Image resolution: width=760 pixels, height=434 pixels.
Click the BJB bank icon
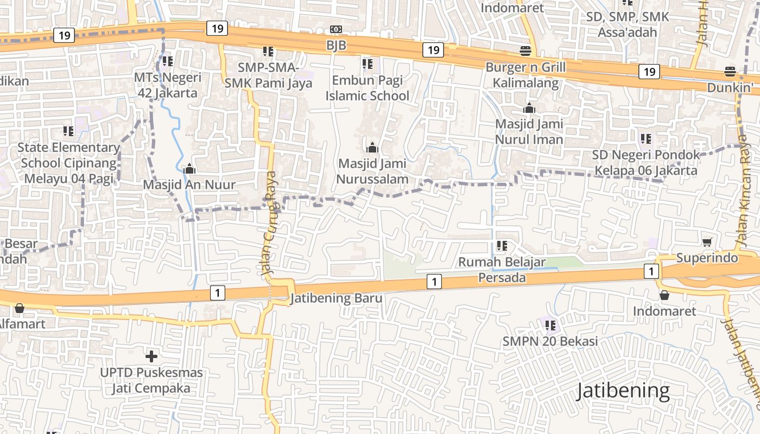[336, 29]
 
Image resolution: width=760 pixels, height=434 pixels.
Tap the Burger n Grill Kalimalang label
[525, 75]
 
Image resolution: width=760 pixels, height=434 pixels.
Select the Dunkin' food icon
[730, 72]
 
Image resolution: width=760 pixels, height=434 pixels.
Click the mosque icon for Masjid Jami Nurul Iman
[529, 108]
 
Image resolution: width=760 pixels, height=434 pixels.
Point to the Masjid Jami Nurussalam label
[372, 171]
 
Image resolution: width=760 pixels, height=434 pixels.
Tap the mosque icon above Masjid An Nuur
[189, 169]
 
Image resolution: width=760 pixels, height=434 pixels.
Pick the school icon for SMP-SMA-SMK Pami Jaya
[268, 52]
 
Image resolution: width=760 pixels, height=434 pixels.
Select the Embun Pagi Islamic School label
[368, 88]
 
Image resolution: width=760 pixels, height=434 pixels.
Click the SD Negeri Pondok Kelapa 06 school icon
[645, 139]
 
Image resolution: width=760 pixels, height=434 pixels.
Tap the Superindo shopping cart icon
[707, 242]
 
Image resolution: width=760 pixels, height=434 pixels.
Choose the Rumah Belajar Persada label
[502, 270]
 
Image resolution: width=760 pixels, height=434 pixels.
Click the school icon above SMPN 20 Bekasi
[550, 325]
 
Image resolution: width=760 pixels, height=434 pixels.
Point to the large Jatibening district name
[623, 391]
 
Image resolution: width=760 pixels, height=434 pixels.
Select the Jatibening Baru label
[337, 298]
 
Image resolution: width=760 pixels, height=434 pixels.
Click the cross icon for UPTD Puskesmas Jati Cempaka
[151, 356]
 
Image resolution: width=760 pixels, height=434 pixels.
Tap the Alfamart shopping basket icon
[20, 309]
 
